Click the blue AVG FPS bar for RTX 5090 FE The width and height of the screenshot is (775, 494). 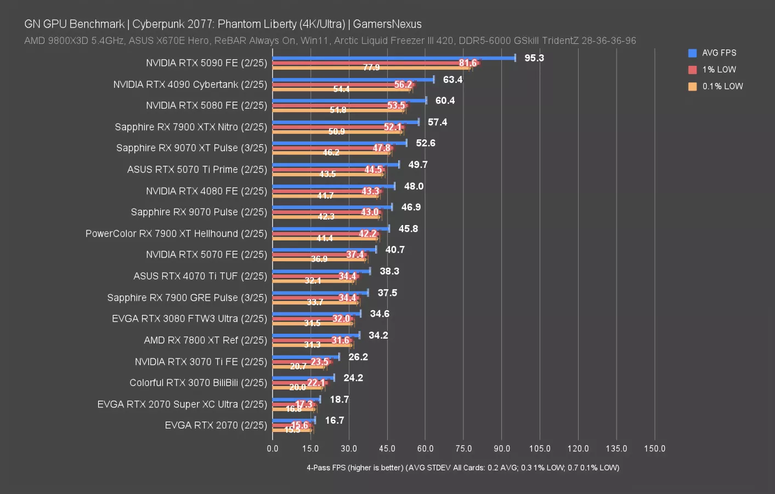click(394, 58)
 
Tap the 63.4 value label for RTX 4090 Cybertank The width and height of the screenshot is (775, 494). click(452, 80)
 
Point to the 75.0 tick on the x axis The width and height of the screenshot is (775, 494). click(463, 448)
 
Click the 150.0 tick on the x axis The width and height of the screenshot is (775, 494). click(654, 448)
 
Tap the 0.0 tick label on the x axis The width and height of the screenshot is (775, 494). click(273, 448)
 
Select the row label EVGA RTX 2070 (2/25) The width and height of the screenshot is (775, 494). click(216, 425)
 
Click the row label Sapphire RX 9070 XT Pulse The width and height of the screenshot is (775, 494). click(191, 148)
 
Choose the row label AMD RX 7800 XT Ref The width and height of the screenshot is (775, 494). click(205, 340)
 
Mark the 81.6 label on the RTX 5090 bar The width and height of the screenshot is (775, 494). click(468, 63)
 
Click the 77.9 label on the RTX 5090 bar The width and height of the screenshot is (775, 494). click(371, 68)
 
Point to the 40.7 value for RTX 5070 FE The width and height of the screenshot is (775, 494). click(395, 250)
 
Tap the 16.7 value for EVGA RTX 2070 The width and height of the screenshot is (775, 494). click(335, 420)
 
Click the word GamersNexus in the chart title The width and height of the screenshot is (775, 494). click(387, 24)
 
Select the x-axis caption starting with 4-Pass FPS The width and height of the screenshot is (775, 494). click(463, 468)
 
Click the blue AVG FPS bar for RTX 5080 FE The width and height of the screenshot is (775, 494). click(349, 100)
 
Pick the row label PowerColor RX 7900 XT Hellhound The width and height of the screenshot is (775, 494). click(176, 234)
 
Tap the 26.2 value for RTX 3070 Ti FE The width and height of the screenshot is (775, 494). click(358, 357)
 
